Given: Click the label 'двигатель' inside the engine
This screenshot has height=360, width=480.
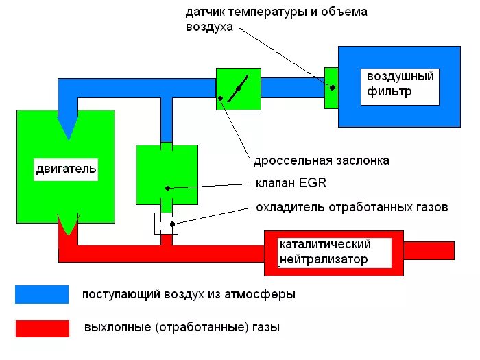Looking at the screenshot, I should [x=65, y=168].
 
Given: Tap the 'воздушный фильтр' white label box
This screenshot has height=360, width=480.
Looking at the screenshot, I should [x=399, y=84].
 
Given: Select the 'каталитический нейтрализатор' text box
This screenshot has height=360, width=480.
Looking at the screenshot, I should [x=325, y=252].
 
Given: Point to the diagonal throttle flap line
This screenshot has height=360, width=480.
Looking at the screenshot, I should [x=239, y=89].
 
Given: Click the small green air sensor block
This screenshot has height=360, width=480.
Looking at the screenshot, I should [x=331, y=88].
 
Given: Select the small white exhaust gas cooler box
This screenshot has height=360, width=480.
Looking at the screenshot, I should [x=166, y=223].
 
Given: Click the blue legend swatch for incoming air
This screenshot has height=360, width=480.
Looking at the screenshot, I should [x=42, y=294].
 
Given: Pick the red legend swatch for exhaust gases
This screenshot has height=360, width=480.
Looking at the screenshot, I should [x=42, y=328].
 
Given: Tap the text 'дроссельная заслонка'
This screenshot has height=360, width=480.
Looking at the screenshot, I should [x=321, y=160].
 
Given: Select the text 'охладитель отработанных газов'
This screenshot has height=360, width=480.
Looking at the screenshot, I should [x=352, y=206].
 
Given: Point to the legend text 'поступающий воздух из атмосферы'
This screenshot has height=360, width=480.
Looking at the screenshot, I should [x=189, y=295].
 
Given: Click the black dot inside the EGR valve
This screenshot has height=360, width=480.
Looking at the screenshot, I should [x=167, y=187].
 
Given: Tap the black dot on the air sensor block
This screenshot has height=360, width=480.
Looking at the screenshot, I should [x=333, y=88].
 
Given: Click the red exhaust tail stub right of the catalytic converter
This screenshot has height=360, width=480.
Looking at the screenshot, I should [x=432, y=251].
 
